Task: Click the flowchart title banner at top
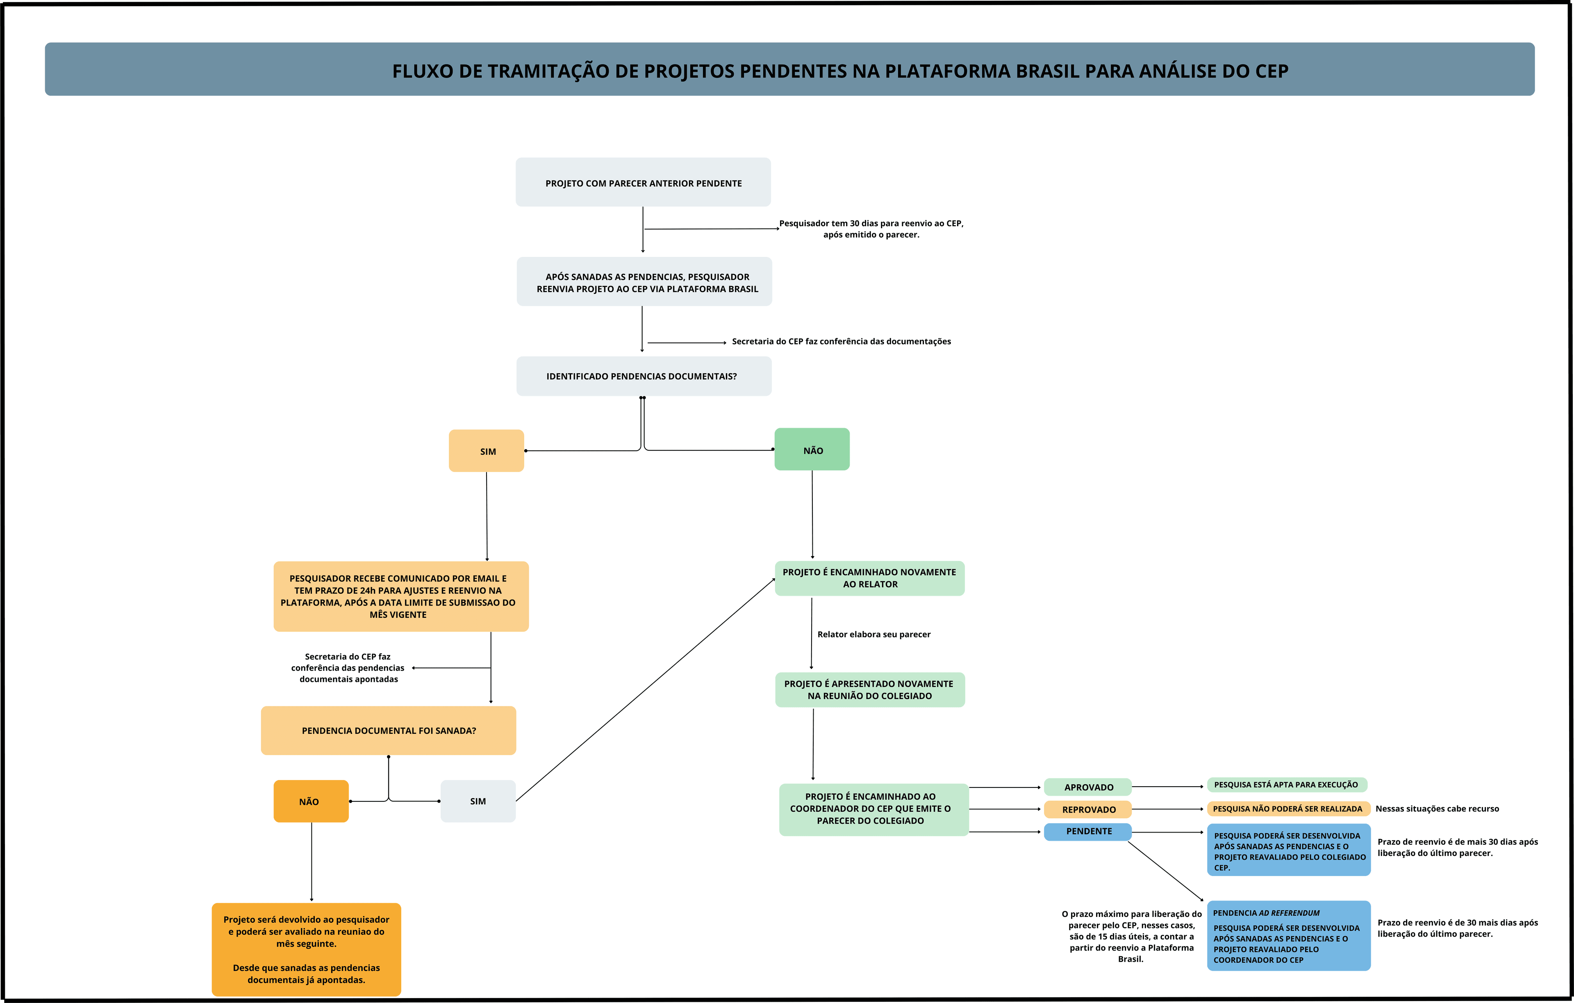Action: pyautogui.click(x=789, y=69)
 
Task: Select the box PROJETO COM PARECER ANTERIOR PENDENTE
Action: pyautogui.click(x=643, y=182)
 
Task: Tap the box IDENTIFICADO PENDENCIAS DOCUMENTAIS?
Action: pyautogui.click(x=643, y=377)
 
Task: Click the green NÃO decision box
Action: pyautogui.click(x=812, y=449)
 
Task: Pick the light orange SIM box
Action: pyautogui.click(x=486, y=451)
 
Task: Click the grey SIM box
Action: pyautogui.click(x=478, y=801)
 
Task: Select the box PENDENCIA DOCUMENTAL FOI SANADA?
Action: pyautogui.click(x=388, y=731)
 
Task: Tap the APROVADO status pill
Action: pyautogui.click(x=1088, y=787)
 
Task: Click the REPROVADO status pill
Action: pyautogui.click(x=1088, y=809)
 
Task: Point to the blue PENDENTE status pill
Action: pyautogui.click(x=1088, y=831)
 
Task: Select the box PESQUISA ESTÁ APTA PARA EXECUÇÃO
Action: pyautogui.click(x=1286, y=785)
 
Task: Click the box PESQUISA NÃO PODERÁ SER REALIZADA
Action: pyautogui.click(x=1288, y=808)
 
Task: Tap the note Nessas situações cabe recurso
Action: pyautogui.click(x=1437, y=808)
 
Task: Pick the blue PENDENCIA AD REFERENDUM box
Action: pyautogui.click(x=1288, y=936)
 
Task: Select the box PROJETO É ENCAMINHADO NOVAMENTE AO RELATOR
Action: pyautogui.click(x=869, y=578)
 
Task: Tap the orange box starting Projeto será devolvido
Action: pyautogui.click(x=306, y=949)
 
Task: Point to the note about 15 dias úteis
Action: pyautogui.click(x=1131, y=936)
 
